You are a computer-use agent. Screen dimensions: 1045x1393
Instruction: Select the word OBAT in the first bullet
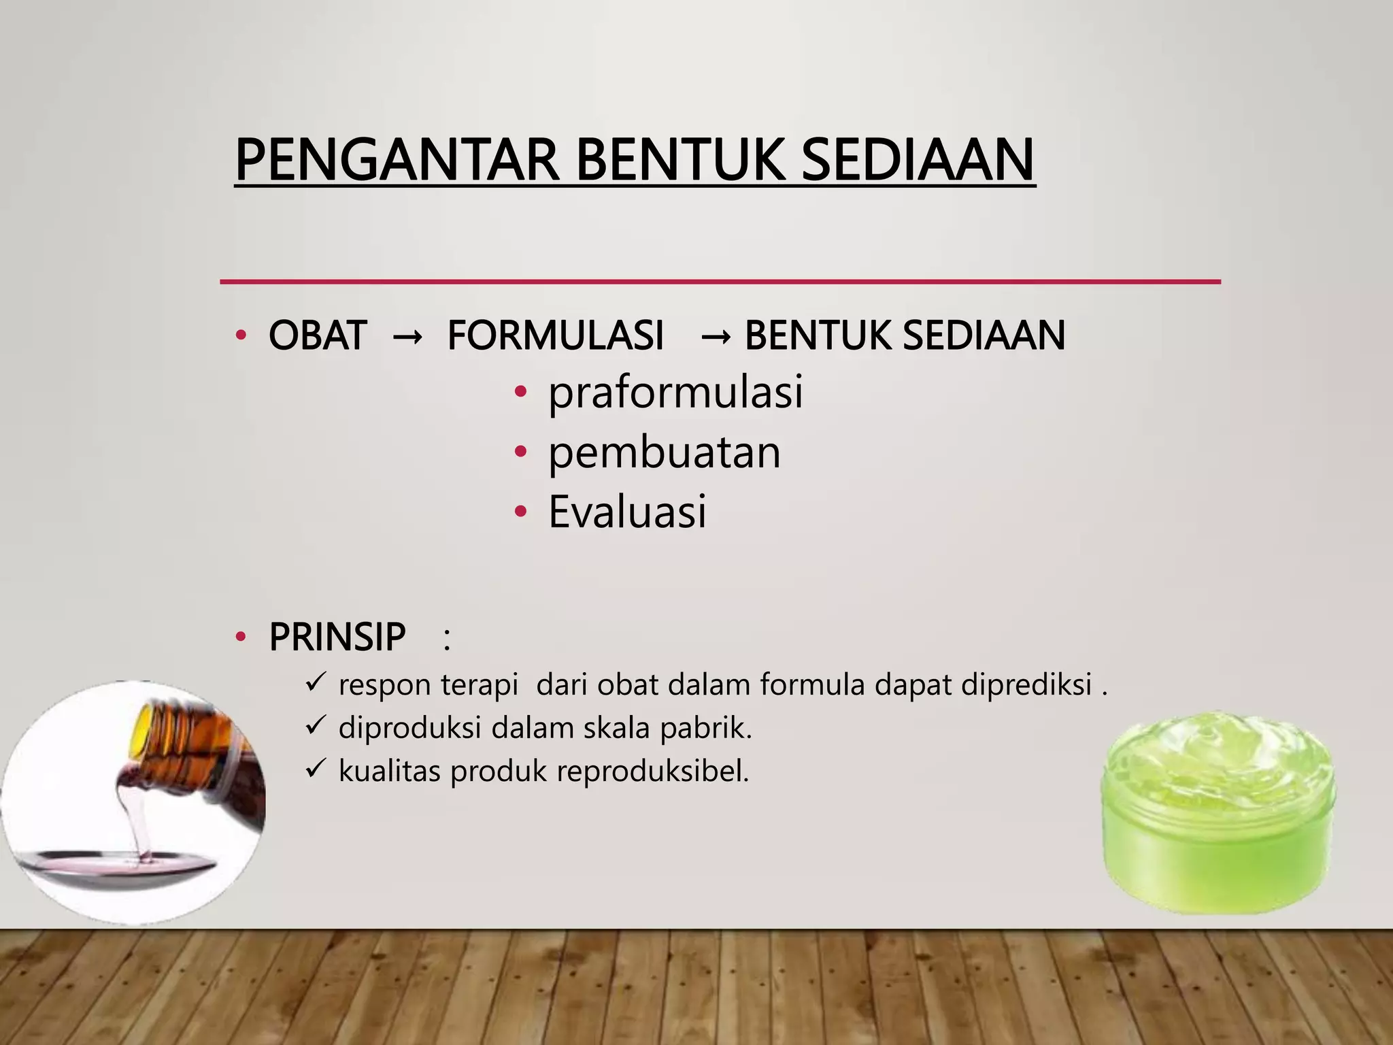click(x=318, y=335)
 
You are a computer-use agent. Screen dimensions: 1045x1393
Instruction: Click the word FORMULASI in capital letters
click(x=555, y=335)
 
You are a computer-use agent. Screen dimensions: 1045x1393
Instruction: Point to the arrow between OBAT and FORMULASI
click(x=407, y=337)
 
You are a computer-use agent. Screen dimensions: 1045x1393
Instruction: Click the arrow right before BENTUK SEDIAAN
click(x=716, y=337)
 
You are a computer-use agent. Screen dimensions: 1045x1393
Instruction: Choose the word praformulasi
click(x=675, y=393)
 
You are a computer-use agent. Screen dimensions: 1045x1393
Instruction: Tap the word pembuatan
click(x=665, y=452)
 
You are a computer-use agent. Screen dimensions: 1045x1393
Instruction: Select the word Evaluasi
click(x=627, y=512)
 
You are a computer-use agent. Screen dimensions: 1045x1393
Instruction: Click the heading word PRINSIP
click(x=337, y=637)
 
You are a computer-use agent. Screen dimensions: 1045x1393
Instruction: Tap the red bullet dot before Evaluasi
click(x=520, y=512)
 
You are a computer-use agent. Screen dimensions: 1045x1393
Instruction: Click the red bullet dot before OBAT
click(x=239, y=335)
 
